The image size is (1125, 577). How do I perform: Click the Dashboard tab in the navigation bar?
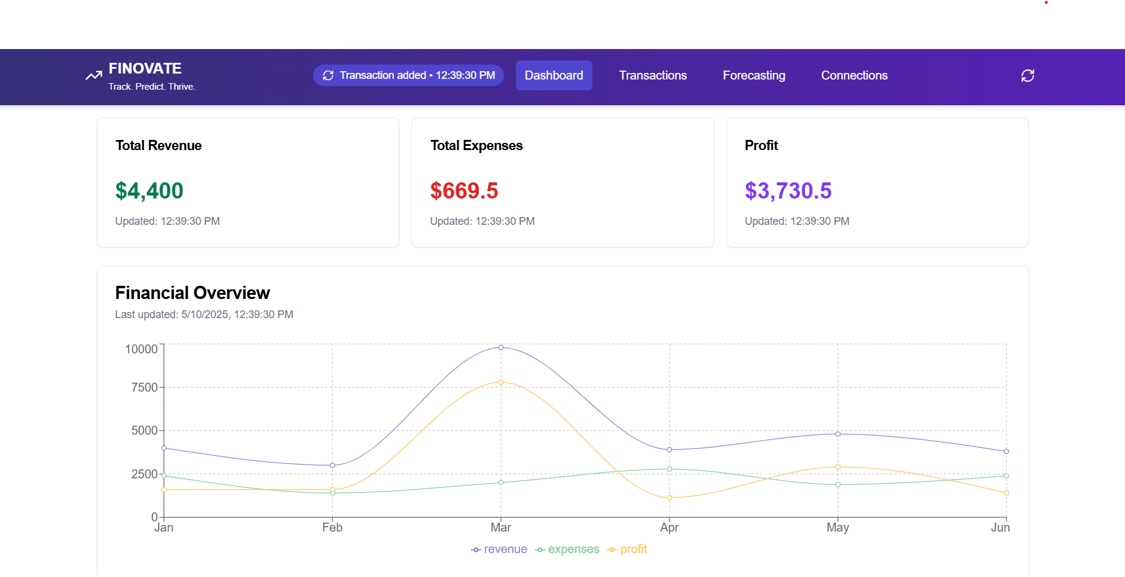[x=554, y=75]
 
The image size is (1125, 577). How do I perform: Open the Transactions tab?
[x=653, y=75]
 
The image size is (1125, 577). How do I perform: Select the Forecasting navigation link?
[x=754, y=75]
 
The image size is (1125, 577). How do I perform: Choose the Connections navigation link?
[x=854, y=75]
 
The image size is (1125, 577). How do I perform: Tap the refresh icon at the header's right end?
[x=1028, y=75]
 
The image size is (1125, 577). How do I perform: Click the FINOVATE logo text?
[x=145, y=69]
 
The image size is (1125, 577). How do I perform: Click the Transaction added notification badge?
[x=408, y=75]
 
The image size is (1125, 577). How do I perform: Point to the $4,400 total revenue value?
[x=149, y=191]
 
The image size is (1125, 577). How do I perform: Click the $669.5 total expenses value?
[x=464, y=191]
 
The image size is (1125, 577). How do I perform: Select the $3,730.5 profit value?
[x=788, y=191]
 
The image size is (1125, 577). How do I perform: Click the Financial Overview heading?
[x=192, y=293]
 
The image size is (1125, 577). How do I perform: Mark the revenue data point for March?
[x=501, y=347]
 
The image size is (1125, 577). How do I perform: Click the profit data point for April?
[x=670, y=498]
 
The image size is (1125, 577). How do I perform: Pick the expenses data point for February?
[x=332, y=493]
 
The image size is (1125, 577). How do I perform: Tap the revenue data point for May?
[x=838, y=434]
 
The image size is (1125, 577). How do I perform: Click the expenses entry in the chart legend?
[x=567, y=549]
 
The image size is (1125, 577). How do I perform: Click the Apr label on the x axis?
[x=670, y=527]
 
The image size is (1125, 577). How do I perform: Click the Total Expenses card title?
[x=476, y=145]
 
